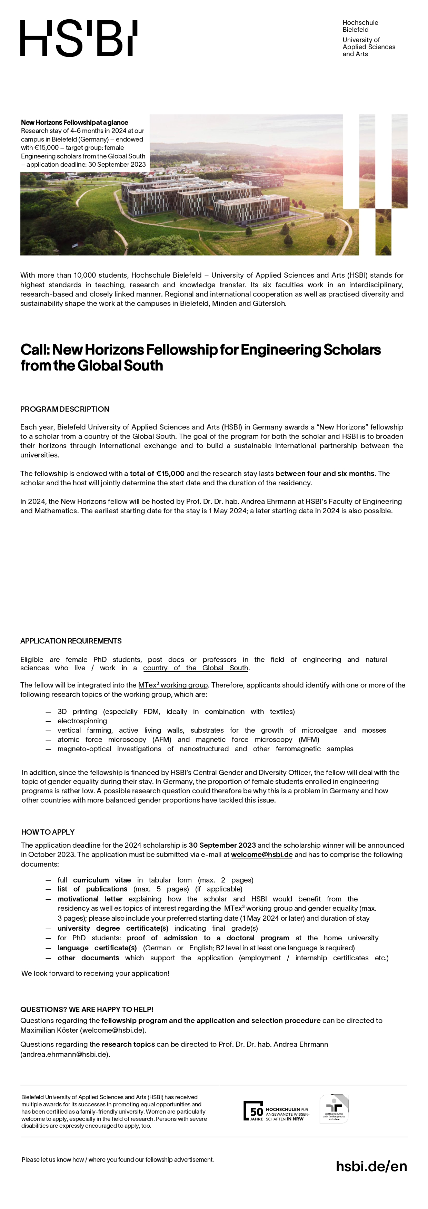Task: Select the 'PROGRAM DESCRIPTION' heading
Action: [x=65, y=409]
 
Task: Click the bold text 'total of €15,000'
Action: [x=157, y=474]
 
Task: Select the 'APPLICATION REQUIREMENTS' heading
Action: [x=71, y=641]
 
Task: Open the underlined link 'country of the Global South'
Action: [x=196, y=668]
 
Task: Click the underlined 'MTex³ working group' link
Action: [x=173, y=685]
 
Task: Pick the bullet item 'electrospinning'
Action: [x=82, y=721]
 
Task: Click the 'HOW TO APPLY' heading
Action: [x=48, y=832]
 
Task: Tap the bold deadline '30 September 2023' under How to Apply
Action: [x=222, y=845]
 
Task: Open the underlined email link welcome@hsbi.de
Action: [x=262, y=855]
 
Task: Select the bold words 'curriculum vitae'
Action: [x=102, y=880]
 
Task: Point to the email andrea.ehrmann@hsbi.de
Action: [x=65, y=1054]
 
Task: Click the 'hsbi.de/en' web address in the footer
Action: [x=371, y=1166]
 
